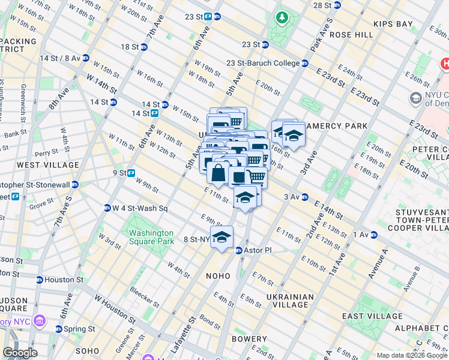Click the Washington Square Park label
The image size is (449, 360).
pos(150,237)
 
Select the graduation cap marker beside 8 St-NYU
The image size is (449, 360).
pos(221,237)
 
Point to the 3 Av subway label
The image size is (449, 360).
pos(291,197)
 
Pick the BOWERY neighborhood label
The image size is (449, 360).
pos(249,339)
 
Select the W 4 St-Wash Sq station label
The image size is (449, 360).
pos(140,208)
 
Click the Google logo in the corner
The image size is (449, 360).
pos(20,352)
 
